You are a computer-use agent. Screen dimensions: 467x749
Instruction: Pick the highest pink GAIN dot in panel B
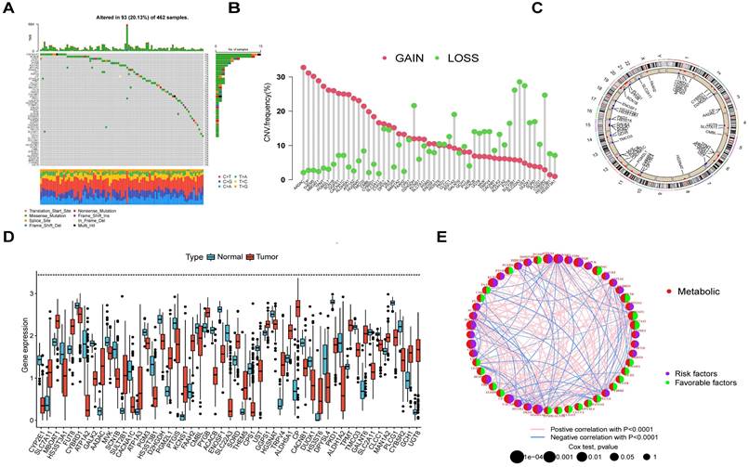[x=304, y=68]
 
